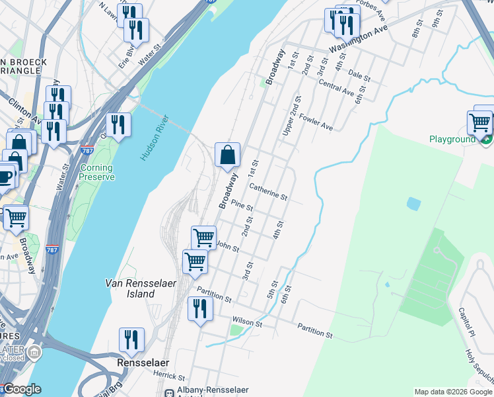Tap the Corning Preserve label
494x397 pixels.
[97, 172]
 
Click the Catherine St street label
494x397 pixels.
[268, 193]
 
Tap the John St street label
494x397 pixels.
[228, 247]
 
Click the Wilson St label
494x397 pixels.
[248, 324]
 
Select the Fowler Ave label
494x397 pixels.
[316, 122]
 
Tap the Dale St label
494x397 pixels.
[359, 77]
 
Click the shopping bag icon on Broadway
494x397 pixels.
[227, 155]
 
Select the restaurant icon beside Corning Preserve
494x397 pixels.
[118, 124]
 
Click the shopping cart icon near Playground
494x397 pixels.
[479, 122]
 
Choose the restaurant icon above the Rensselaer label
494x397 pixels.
[131, 339]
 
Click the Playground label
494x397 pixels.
[452, 140]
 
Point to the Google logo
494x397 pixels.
[22, 390]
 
